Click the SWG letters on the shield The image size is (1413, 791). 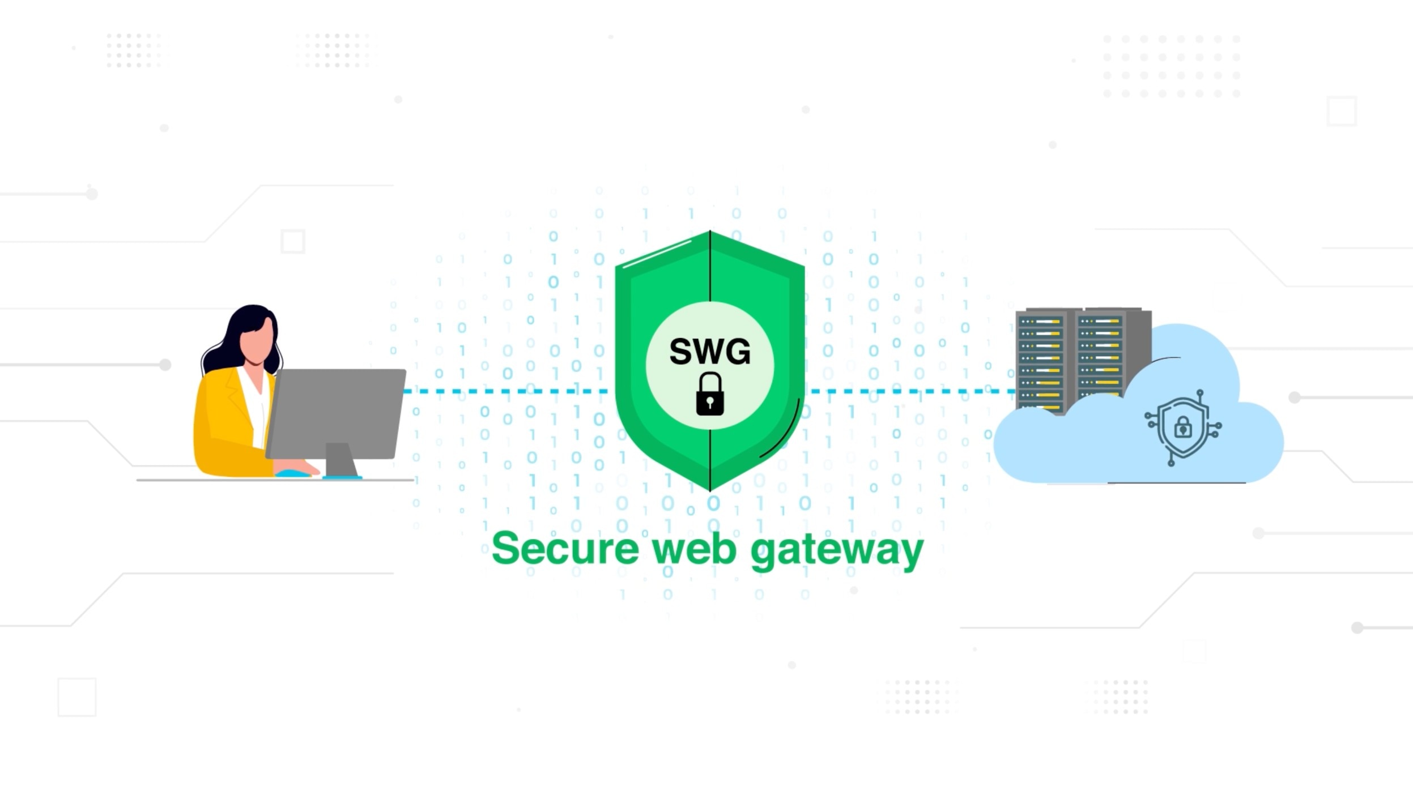pyautogui.click(x=709, y=351)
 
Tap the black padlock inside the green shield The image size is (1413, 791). pyautogui.click(x=709, y=394)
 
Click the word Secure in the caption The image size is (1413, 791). pyautogui.click(x=565, y=548)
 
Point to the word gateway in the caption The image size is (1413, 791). pyautogui.click(x=837, y=550)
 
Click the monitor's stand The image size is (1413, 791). pyautogui.click(x=341, y=460)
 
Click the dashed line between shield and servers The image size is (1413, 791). pyautogui.click(x=906, y=391)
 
